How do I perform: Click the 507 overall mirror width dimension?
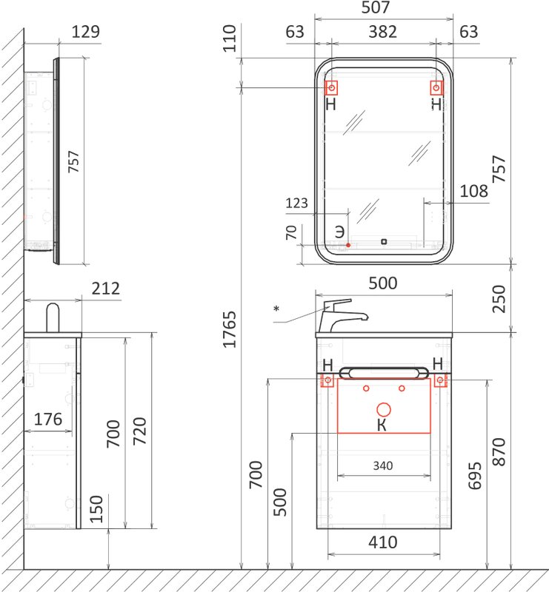pyautogui.click(x=376, y=7)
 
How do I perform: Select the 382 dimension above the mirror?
pyautogui.click(x=382, y=32)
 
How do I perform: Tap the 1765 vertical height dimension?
pyautogui.click(x=229, y=329)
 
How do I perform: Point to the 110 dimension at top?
pyautogui.click(x=229, y=38)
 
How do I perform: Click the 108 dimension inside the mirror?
pyautogui.click(x=473, y=191)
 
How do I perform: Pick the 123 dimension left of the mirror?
pyautogui.click(x=296, y=203)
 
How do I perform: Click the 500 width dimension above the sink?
pyautogui.click(x=382, y=283)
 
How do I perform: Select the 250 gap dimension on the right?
pyautogui.click(x=499, y=299)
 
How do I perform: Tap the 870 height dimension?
pyautogui.click(x=499, y=452)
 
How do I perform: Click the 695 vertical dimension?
pyautogui.click(x=475, y=476)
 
